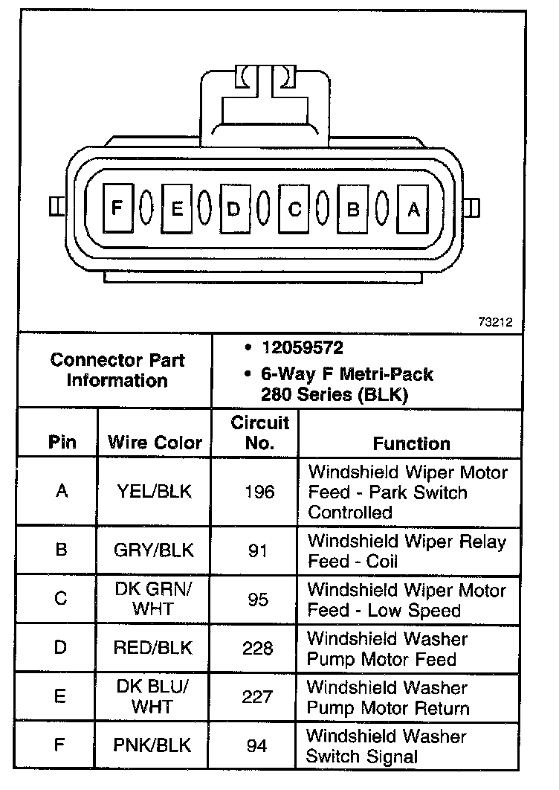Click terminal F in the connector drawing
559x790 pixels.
117,208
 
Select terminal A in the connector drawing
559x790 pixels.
413,209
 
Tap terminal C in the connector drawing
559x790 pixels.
294,209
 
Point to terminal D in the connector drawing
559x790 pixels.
234,209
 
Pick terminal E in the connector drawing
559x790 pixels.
176,209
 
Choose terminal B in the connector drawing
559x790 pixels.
354,209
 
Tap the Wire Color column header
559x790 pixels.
155,443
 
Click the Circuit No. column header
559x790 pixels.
259,433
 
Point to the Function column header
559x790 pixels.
411,443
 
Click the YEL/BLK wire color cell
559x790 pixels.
155,492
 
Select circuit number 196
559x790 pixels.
259,492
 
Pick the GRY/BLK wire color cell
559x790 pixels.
155,550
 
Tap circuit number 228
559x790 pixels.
258,648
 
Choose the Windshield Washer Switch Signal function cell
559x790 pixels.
387,746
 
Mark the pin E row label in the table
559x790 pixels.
62,696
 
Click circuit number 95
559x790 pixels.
258,600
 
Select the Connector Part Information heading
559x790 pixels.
117,370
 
